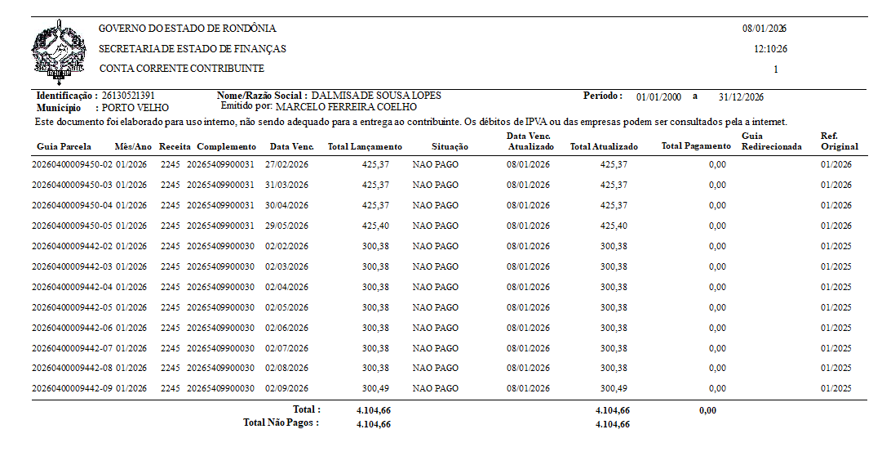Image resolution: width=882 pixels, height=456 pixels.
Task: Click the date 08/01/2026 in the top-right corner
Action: (764, 29)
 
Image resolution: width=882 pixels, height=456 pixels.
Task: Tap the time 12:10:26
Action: (770, 49)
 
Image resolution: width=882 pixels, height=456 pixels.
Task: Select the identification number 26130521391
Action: (128, 96)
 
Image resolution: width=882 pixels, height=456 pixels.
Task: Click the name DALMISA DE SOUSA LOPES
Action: (376, 96)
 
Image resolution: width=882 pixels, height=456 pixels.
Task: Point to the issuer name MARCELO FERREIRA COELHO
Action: (347, 107)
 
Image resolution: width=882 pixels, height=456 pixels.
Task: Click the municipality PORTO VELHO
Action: (135, 107)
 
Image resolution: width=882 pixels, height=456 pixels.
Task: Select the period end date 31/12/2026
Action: (741, 97)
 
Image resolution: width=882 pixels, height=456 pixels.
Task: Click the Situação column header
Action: (450, 147)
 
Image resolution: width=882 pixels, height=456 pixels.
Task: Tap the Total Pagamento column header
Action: (696, 147)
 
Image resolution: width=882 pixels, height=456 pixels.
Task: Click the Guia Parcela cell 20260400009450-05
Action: (72, 226)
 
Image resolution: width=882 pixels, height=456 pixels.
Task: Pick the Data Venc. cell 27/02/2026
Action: (287, 164)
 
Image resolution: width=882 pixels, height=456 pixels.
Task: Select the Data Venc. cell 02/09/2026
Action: (287, 389)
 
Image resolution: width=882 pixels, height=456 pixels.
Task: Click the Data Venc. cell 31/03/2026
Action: (287, 185)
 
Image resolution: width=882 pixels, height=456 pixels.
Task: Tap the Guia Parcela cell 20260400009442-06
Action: (72, 328)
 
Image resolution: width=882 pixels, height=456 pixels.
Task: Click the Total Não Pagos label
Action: (281, 423)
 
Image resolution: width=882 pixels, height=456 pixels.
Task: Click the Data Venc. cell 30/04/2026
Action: (287, 205)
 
